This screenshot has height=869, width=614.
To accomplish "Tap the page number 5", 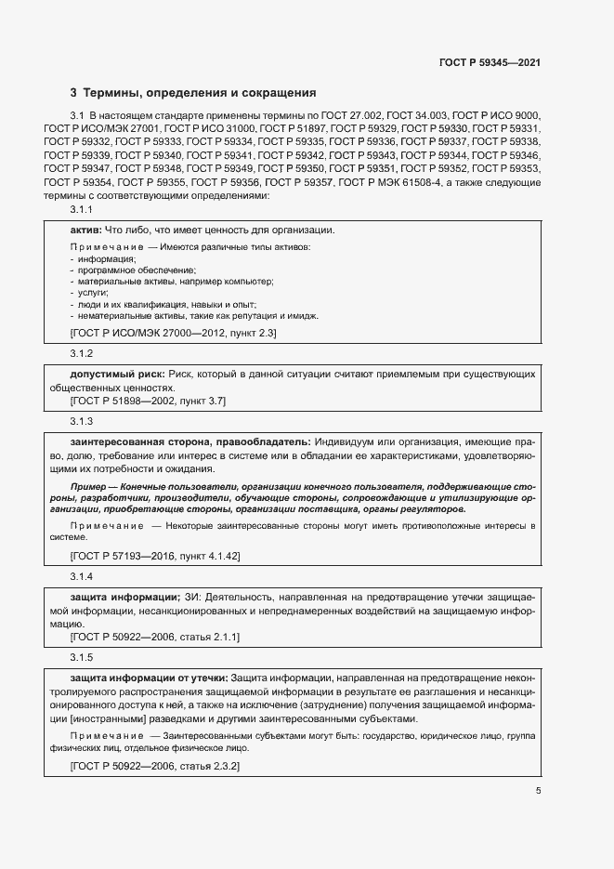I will (538, 791).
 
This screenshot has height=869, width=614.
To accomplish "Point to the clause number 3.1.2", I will (83, 354).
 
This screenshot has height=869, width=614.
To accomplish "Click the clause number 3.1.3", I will (83, 421).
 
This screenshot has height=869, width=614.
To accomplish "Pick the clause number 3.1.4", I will (83, 577).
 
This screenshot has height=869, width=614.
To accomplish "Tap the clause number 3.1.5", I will (83, 657).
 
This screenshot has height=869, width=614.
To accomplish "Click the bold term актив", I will (86, 230).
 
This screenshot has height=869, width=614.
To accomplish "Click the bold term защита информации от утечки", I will (149, 677).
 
